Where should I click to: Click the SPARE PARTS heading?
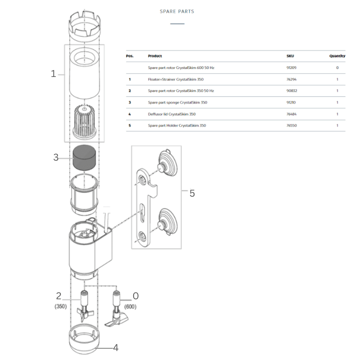click(177, 11)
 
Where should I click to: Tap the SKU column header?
click(290, 56)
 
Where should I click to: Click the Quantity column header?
click(337, 56)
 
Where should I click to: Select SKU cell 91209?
click(292, 67)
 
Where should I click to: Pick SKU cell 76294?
click(292, 79)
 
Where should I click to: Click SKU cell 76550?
click(292, 126)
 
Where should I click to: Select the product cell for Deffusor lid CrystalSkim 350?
click(171, 114)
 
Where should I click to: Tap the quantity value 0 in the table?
click(337, 67)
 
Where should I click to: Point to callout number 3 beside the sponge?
click(56, 157)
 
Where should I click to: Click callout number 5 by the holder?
click(192, 193)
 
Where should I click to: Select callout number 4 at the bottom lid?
click(116, 348)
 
